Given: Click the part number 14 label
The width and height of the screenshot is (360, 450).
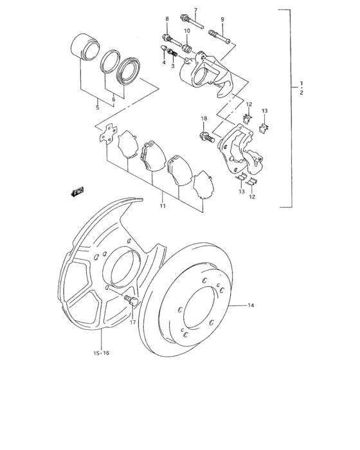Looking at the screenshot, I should click(x=251, y=306).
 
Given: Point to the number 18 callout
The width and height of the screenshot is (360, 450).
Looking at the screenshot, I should click(x=204, y=120).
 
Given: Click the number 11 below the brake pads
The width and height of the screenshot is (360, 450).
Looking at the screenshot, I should click(x=163, y=206).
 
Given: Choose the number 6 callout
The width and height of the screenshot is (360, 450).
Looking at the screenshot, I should click(x=113, y=99).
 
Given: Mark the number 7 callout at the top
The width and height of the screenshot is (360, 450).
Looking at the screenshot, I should click(x=195, y=10).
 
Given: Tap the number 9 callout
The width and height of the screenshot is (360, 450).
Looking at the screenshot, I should click(x=223, y=20).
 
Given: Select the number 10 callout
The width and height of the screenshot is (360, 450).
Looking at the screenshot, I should click(x=187, y=31).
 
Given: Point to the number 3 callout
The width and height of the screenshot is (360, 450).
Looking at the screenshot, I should click(x=172, y=66).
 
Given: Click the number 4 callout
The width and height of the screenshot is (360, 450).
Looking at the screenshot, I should click(x=164, y=62).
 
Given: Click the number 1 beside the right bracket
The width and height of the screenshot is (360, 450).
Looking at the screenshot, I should click(x=300, y=84).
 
